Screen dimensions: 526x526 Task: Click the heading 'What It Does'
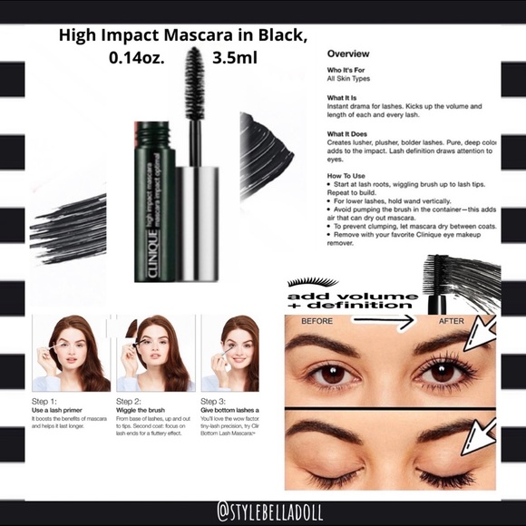[x=348, y=133]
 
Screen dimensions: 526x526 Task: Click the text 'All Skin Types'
[x=349, y=79]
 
